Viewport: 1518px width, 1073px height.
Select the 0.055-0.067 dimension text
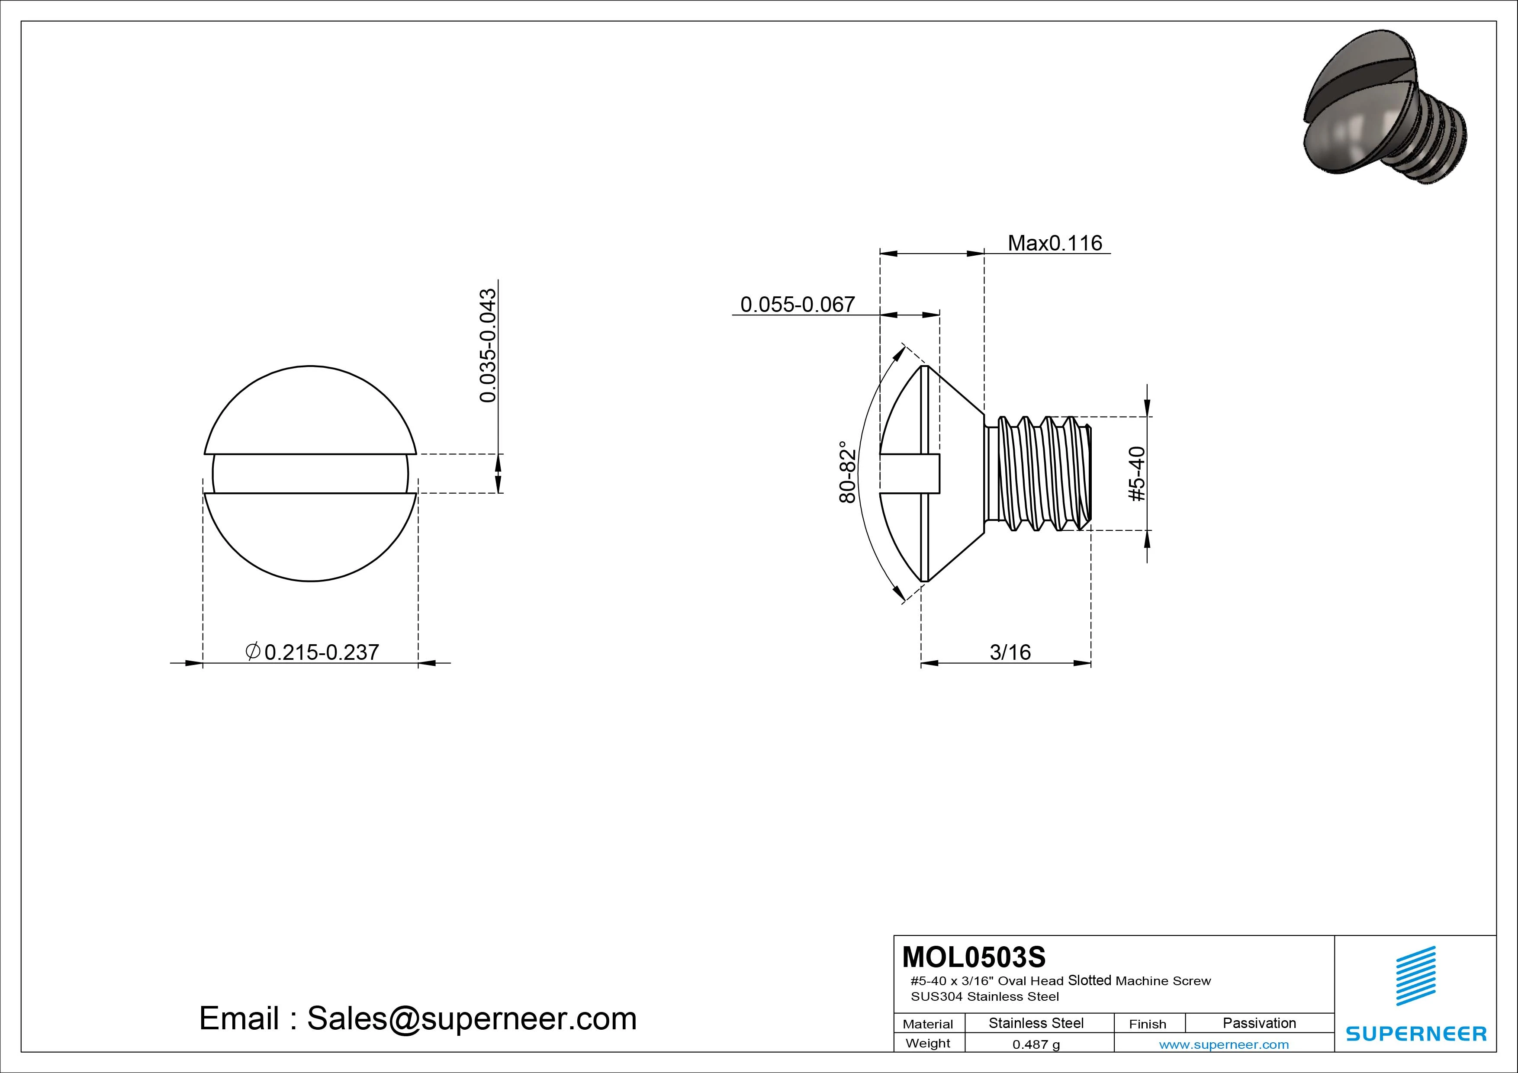[798, 305]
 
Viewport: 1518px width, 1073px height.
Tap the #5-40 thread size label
[1137, 474]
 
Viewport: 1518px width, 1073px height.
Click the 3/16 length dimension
[1010, 652]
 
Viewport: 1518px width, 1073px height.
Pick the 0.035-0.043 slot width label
[488, 345]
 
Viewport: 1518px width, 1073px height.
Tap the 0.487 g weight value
[1036, 1044]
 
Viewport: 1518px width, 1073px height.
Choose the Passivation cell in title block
[1259, 1023]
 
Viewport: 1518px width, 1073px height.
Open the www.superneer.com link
[1224, 1044]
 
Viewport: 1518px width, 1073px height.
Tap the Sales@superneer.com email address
[471, 1019]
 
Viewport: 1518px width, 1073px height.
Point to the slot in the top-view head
[310, 473]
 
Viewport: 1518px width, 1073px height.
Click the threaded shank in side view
[1038, 473]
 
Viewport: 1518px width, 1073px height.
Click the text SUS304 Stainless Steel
[984, 996]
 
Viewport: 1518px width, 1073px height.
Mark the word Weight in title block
[928, 1043]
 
